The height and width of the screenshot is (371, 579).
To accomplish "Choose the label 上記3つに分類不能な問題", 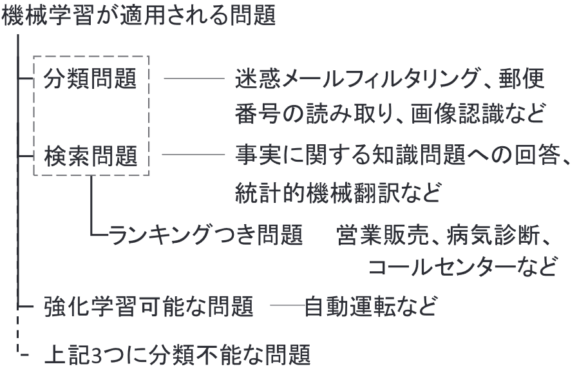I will click(177, 353).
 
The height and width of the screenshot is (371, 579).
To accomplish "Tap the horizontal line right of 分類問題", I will click(193, 81).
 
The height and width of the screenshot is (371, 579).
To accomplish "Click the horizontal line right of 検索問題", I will click(193, 155).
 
